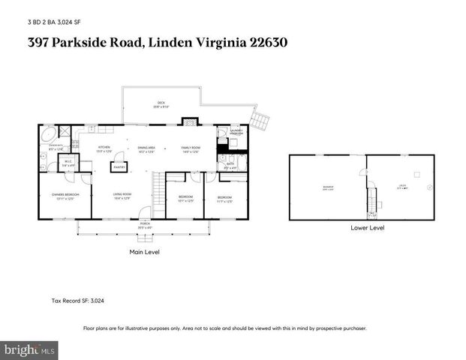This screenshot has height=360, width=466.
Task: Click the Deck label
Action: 161,104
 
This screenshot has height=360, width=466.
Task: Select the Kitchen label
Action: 104,149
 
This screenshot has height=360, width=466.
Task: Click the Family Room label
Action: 191,149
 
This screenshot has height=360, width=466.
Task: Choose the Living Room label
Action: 122,197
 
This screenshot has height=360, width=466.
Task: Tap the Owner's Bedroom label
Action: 60,196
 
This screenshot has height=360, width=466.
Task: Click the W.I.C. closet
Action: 68,163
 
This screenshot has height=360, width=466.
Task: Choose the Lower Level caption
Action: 368,227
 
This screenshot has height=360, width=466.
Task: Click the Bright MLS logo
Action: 30,349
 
